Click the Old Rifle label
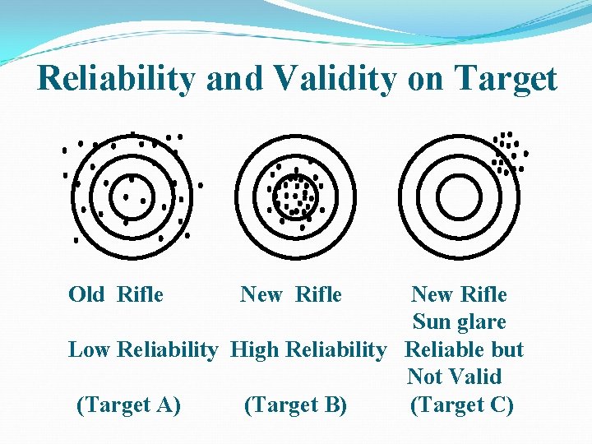click(x=116, y=294)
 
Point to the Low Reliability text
click(x=142, y=349)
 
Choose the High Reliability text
click(x=308, y=349)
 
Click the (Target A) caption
click(x=128, y=405)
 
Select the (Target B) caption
click(x=296, y=405)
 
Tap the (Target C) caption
click(x=461, y=405)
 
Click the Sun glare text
click(x=459, y=321)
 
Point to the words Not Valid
click(x=454, y=377)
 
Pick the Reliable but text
click(x=465, y=349)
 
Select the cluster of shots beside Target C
click(x=508, y=153)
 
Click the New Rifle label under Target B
click(x=291, y=294)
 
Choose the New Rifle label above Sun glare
click(x=459, y=294)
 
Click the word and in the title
click(x=234, y=79)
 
